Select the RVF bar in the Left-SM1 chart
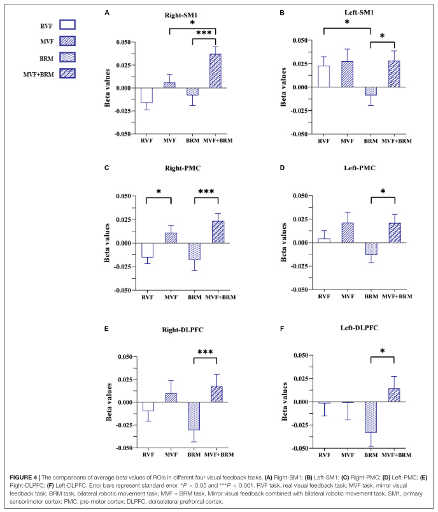(323, 76)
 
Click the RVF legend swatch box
(67, 25)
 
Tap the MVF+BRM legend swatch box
(67, 73)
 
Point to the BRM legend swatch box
(67, 57)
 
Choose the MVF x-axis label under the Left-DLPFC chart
(347, 457)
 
